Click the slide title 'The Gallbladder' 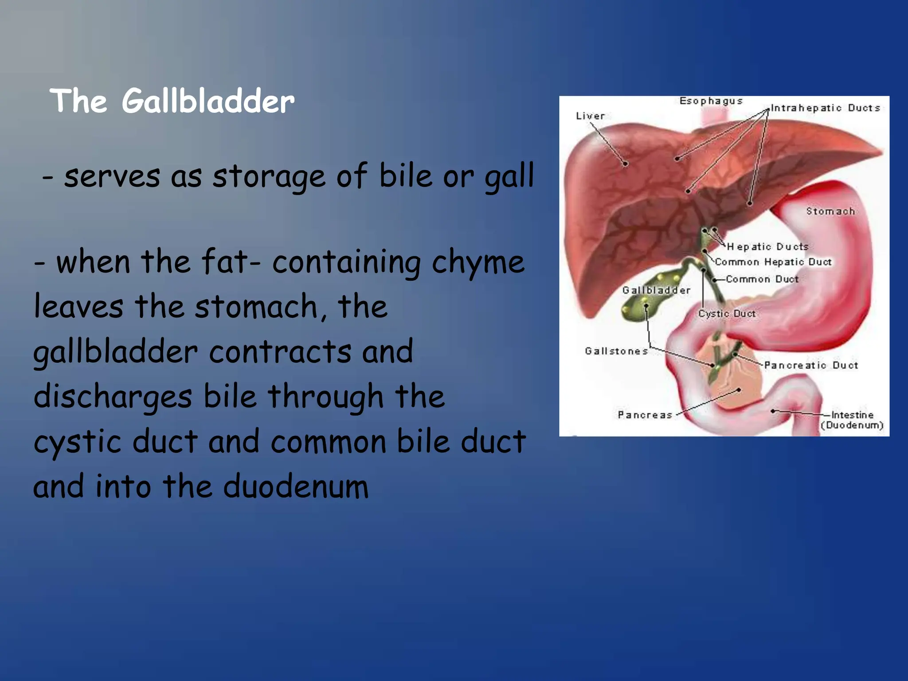pyautogui.click(x=172, y=101)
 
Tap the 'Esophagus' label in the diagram pyautogui.click(x=711, y=101)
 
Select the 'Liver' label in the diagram pyautogui.click(x=590, y=116)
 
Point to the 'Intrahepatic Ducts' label pyautogui.click(x=825, y=108)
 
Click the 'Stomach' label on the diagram pyautogui.click(x=830, y=211)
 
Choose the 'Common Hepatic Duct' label pyautogui.click(x=773, y=262)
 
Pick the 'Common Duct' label pyautogui.click(x=762, y=279)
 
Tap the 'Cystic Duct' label pyautogui.click(x=727, y=313)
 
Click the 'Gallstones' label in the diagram pyautogui.click(x=616, y=351)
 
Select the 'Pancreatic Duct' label pyautogui.click(x=811, y=365)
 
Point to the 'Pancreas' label pyautogui.click(x=645, y=415)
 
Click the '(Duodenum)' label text pyautogui.click(x=852, y=426)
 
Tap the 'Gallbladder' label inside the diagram pyautogui.click(x=656, y=290)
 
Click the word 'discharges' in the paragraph pyautogui.click(x=113, y=397)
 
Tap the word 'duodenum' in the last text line pyautogui.click(x=296, y=486)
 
